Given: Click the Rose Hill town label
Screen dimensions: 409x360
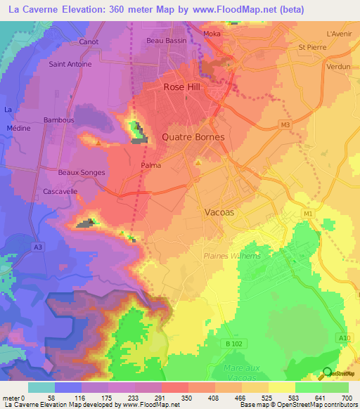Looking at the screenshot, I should [182, 87].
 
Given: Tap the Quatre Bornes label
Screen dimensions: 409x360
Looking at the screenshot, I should [193, 137].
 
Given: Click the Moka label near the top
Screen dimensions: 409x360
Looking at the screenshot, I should [211, 34].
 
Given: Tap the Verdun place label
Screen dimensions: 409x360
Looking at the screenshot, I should [338, 66].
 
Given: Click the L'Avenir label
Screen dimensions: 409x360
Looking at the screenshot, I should [339, 33].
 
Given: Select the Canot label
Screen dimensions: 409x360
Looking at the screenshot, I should [89, 41].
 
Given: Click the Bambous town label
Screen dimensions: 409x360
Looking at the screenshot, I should [59, 120].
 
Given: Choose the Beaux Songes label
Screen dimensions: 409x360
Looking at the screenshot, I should [82, 172].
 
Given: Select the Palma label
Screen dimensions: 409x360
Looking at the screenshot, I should [150, 165].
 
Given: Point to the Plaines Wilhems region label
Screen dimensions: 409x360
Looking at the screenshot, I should [232, 256].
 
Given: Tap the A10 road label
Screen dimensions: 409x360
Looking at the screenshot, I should [344, 339].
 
